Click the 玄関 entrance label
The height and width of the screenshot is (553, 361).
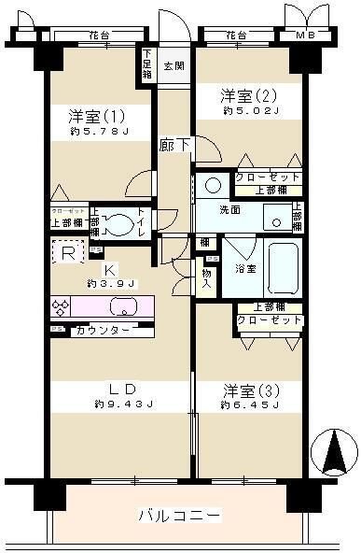click(x=174, y=66)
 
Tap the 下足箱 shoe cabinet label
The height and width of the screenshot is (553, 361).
click(x=147, y=64)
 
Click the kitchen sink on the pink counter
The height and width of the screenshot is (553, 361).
click(x=123, y=305)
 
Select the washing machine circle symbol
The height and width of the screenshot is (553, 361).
click(x=213, y=184)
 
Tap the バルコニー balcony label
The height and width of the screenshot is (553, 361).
click(x=179, y=515)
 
